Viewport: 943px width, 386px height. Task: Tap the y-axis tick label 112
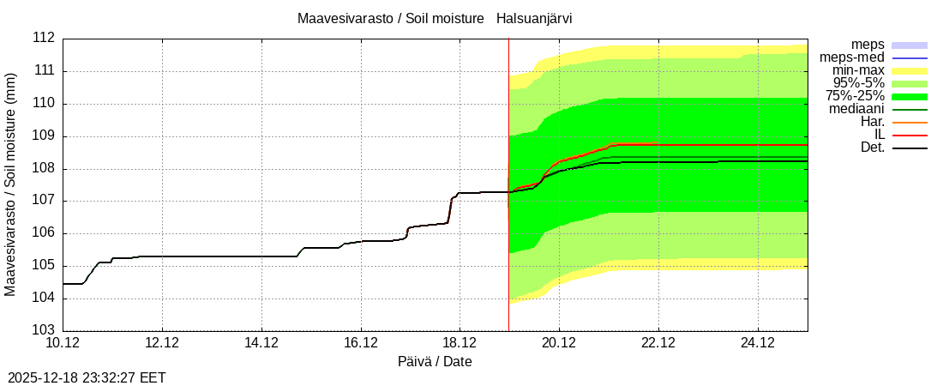click(x=44, y=39)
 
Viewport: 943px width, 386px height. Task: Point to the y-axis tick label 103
click(x=44, y=330)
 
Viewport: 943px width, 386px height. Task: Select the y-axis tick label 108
click(x=44, y=168)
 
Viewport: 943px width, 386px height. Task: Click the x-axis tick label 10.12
click(x=63, y=343)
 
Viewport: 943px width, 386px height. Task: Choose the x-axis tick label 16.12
click(x=361, y=343)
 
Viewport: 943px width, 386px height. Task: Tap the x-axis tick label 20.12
click(x=559, y=343)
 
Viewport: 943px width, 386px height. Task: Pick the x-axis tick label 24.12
click(x=758, y=343)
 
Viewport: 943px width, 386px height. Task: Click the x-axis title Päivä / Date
click(x=435, y=361)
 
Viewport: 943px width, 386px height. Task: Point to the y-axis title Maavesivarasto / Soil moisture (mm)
click(x=10, y=184)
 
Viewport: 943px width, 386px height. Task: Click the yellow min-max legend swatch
click(x=910, y=70)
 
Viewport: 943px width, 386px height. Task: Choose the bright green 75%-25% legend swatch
click(x=910, y=96)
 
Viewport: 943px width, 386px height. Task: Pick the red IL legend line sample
click(x=910, y=136)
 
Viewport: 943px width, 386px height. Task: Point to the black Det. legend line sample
click(x=910, y=148)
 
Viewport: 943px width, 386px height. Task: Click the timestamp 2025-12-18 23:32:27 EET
click(x=87, y=377)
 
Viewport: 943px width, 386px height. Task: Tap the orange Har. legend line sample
click(x=910, y=123)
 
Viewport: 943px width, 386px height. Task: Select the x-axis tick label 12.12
click(x=163, y=343)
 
